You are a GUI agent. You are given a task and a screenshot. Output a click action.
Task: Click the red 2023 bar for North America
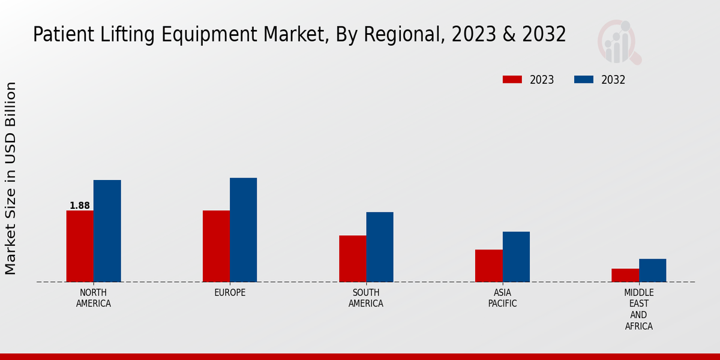point(80,246)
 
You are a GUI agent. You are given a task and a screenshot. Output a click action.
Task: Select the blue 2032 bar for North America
point(107,231)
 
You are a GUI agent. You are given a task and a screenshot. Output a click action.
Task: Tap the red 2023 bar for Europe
point(216,246)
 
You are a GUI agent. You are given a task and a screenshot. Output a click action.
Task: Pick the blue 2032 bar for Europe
point(243,230)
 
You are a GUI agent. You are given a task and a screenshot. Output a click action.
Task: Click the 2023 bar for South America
point(352,259)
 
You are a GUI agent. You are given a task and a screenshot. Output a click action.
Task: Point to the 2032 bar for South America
point(380,247)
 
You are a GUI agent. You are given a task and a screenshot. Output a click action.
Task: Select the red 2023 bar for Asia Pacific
point(488,266)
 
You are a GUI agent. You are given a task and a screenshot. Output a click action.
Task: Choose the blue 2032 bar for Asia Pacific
point(516,257)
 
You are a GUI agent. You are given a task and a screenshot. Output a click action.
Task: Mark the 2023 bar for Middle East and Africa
point(625,275)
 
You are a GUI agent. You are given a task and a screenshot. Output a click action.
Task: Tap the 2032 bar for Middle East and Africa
point(652,270)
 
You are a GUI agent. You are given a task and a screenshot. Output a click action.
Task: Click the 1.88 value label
point(80,206)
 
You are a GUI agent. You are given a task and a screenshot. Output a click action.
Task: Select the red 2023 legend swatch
point(512,80)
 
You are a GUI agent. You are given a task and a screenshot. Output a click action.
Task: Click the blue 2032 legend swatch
point(584,80)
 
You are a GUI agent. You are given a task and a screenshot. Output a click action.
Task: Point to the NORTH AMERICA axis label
point(94,298)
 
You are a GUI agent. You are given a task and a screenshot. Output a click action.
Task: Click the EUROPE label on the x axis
point(230,293)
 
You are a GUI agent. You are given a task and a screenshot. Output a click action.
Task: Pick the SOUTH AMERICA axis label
point(366,298)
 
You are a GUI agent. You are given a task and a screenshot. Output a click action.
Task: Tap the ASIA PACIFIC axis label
point(502,298)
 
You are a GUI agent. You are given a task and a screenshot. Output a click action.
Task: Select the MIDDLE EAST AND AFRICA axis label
point(638,310)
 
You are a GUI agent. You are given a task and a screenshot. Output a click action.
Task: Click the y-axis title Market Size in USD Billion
point(11,178)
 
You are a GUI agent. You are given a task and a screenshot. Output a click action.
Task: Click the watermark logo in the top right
point(619,42)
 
